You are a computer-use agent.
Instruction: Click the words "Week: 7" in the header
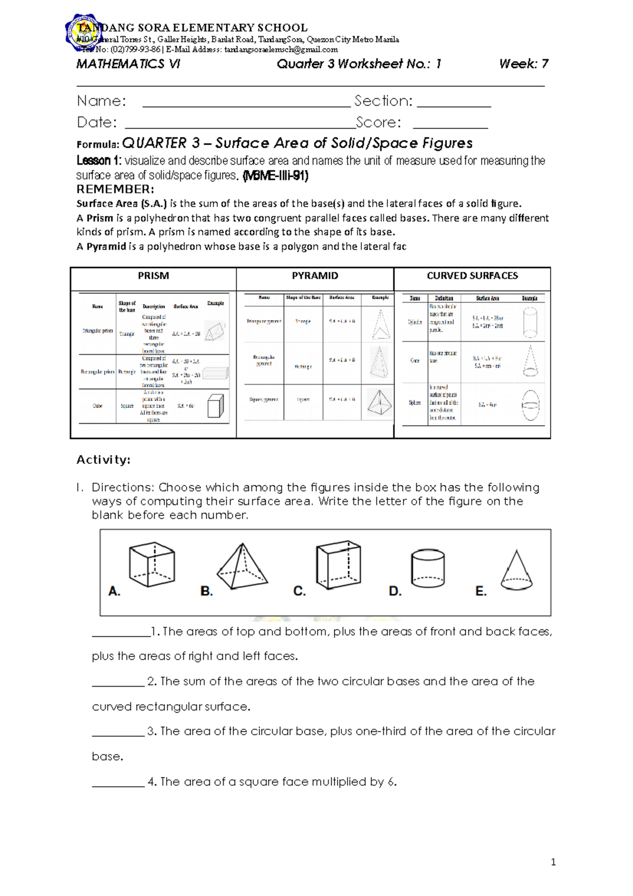[x=523, y=64]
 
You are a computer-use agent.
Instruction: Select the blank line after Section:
[x=454, y=104]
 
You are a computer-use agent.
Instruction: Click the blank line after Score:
[x=450, y=126]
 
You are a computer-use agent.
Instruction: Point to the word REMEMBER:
[x=116, y=189]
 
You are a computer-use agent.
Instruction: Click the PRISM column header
[x=153, y=276]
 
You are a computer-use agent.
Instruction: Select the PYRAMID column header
[x=315, y=276]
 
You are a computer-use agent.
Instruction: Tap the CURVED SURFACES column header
[x=472, y=276]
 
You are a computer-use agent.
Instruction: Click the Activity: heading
[x=103, y=460]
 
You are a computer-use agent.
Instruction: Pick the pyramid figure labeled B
[x=242, y=566]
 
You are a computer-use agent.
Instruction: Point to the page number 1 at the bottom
[x=553, y=863]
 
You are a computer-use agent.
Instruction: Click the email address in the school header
[x=281, y=50]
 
